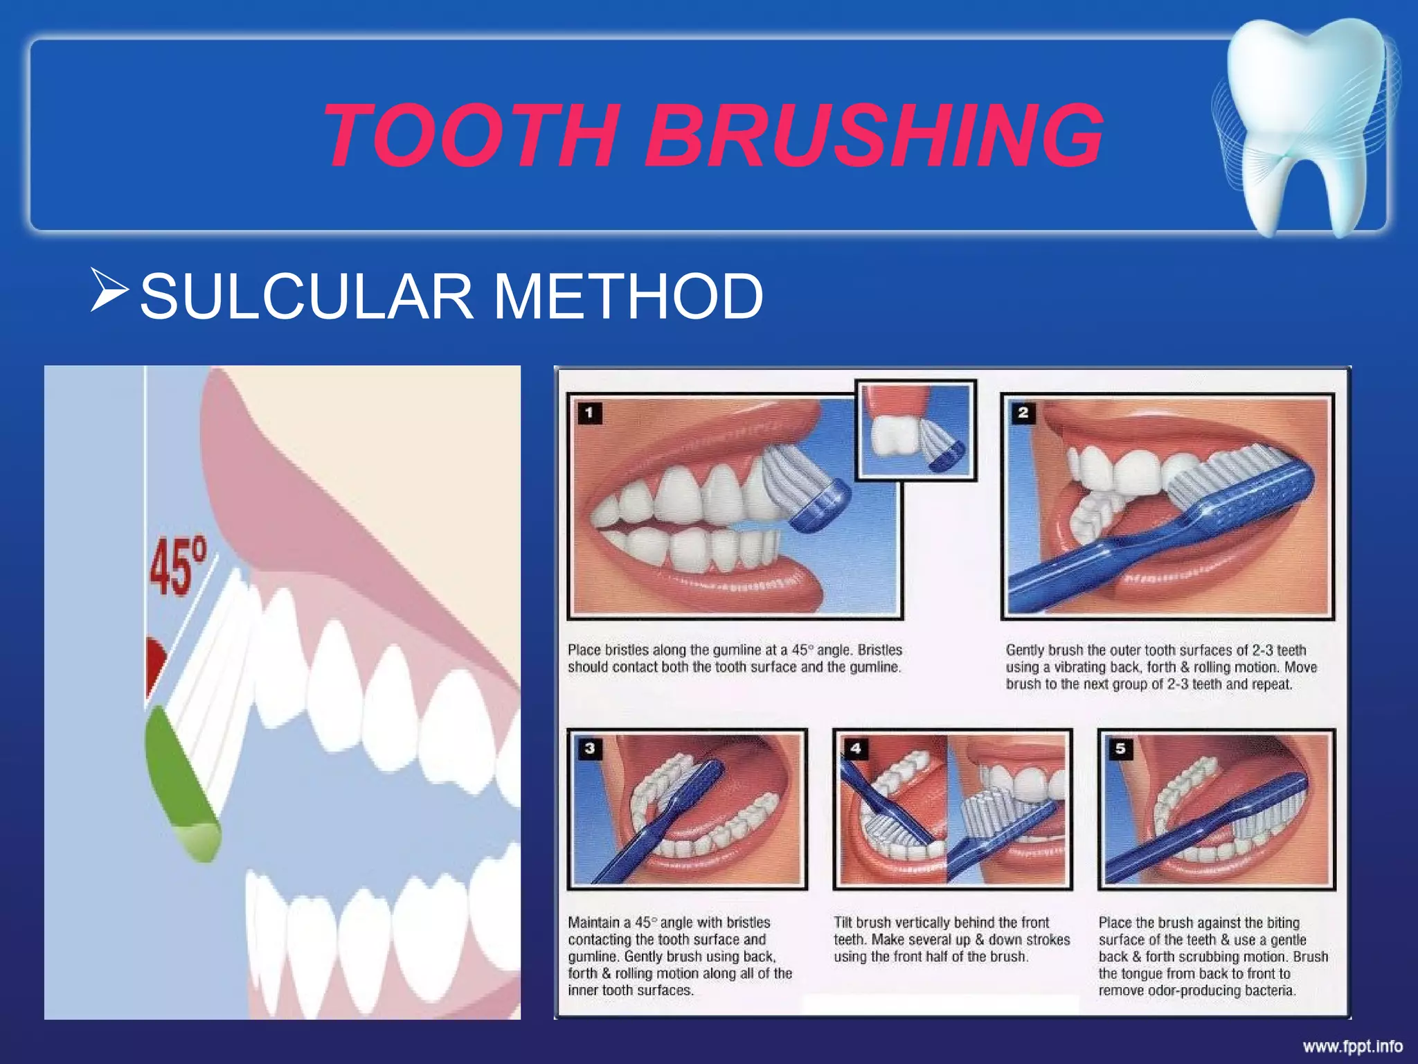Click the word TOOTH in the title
point(471,135)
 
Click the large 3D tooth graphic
point(1305,125)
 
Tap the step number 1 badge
point(589,414)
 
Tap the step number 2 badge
point(1023,413)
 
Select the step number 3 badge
point(589,748)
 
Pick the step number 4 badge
point(856,748)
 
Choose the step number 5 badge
point(1120,748)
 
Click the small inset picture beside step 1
point(915,430)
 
